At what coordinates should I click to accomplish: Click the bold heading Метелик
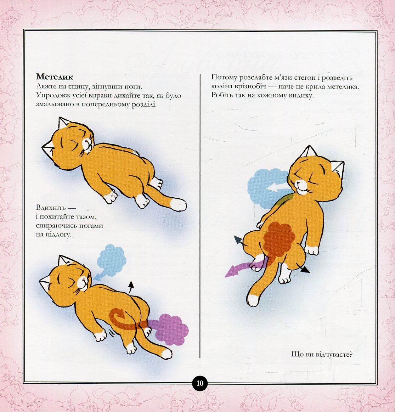coord(55,77)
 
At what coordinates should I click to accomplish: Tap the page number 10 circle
coord(200,383)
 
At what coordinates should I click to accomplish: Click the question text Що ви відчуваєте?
coord(322,354)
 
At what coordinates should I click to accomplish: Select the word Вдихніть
coord(51,208)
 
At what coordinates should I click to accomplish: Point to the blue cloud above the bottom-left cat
coord(111,260)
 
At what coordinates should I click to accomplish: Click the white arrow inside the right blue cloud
coord(276,187)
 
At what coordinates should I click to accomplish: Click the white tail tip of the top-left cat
coord(179,204)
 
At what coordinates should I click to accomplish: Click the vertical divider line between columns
coord(200,215)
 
